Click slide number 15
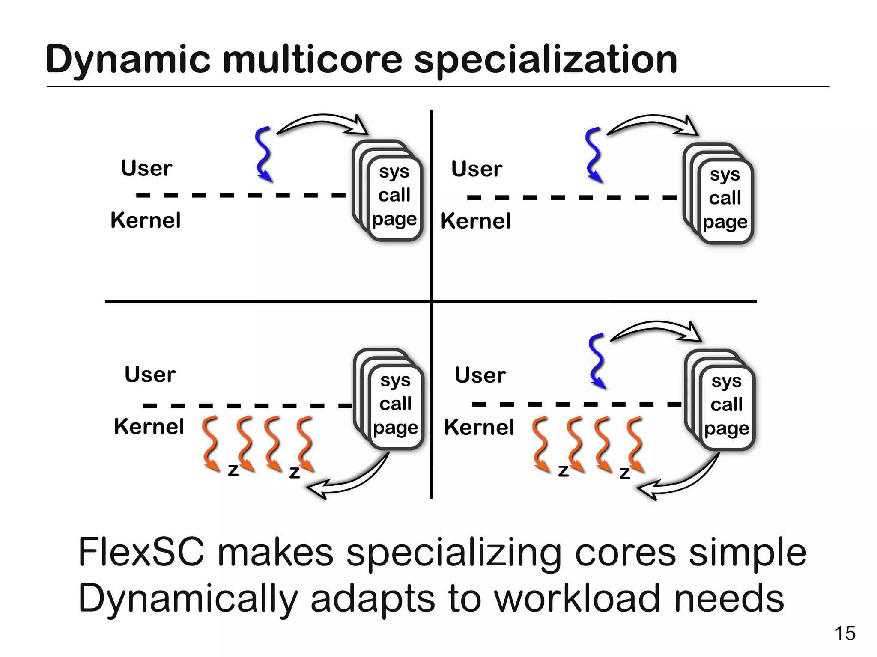[845, 633]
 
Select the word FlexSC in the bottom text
[141, 552]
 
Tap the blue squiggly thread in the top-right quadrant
[594, 154]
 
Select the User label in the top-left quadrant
[146, 168]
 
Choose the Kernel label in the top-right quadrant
[475, 221]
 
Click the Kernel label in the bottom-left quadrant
[149, 427]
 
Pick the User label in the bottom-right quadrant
[480, 375]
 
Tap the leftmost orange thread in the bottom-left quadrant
[210, 443]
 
